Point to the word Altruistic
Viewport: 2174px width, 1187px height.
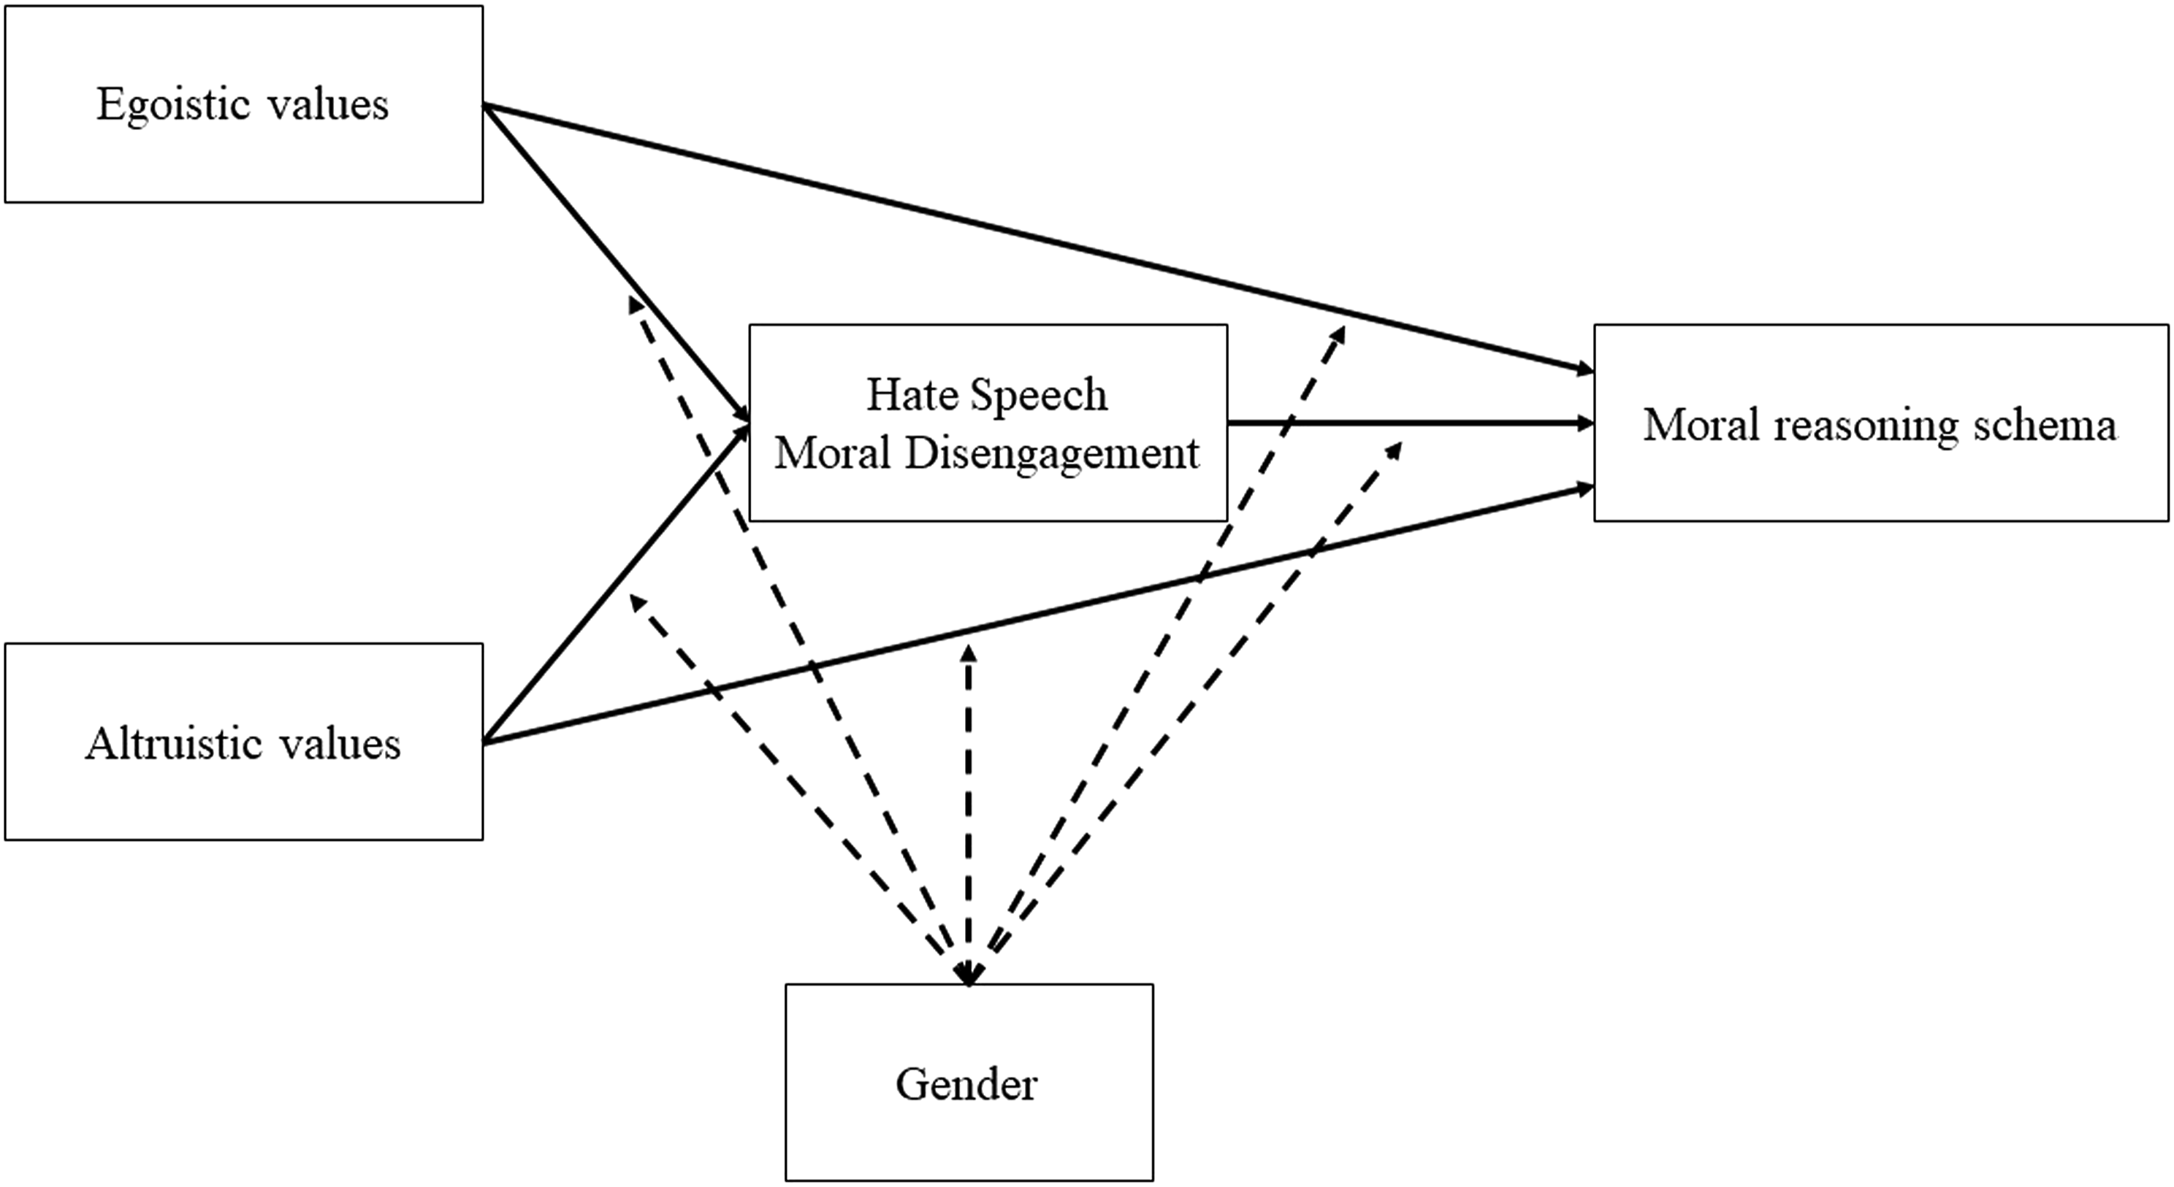click(x=165, y=744)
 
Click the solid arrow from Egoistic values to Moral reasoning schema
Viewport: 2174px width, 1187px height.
click(x=1038, y=238)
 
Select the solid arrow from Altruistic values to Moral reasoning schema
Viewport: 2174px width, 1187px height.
click(x=1038, y=614)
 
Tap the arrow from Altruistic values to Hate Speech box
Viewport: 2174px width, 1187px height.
click(x=616, y=583)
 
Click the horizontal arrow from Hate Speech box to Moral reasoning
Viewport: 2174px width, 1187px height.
click(x=1411, y=423)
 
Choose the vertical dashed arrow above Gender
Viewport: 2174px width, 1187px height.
click(x=969, y=814)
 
